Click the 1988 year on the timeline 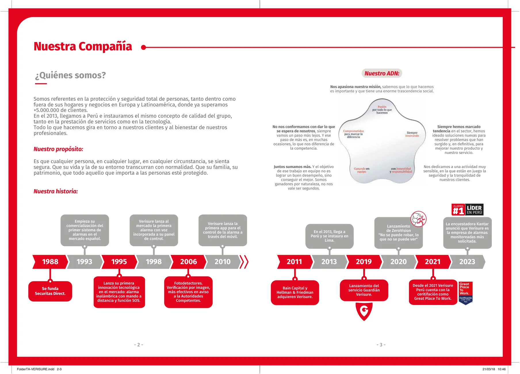(50, 262)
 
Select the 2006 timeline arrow (188, 262)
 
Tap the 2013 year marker (329, 262)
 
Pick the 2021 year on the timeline (433, 262)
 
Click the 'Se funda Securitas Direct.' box (50, 291)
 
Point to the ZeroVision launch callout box (398, 233)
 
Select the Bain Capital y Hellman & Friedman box (295, 293)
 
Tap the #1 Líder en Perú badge (467, 210)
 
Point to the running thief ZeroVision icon (418, 219)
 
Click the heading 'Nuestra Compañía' (83, 47)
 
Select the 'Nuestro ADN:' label (382, 73)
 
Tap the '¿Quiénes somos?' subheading (70, 75)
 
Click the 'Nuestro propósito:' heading (58, 149)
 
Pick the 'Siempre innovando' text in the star (412, 134)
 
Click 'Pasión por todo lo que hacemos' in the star (382, 110)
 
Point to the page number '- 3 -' (381, 345)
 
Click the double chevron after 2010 (244, 262)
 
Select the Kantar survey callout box (467, 233)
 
